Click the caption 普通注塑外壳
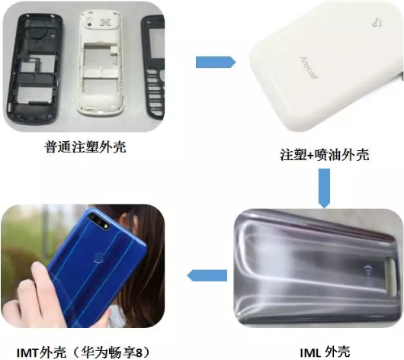coord(85,147)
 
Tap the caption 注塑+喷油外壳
coord(325,155)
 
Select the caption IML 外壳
coord(325,352)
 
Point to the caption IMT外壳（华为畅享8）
coord(83,352)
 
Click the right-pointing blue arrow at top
coord(216,62)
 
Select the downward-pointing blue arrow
coord(325,188)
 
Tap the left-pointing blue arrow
coord(207,275)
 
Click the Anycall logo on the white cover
coord(309,68)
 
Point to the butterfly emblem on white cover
coord(377,22)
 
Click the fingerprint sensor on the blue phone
coord(98,258)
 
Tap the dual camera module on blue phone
coord(99,220)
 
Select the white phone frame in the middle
coord(101,63)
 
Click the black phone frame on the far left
coord(34,69)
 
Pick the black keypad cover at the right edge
coord(154,68)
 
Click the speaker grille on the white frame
coord(104,22)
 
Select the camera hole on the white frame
coord(90,24)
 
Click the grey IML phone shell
coord(319,268)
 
